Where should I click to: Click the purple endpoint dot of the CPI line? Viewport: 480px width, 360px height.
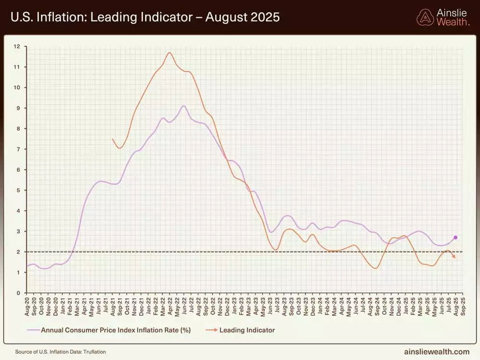[455, 238]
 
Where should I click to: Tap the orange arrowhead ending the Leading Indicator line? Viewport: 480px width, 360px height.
[454, 258]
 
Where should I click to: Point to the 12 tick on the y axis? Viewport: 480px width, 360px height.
[17, 47]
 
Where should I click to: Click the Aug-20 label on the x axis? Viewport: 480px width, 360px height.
[27, 306]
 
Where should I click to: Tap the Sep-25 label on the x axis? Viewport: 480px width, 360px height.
[463, 306]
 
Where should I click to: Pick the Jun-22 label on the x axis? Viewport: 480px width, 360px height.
[184, 306]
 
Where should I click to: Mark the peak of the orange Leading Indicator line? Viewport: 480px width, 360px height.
[169, 52]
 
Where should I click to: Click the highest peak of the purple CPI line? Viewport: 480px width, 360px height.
[183, 106]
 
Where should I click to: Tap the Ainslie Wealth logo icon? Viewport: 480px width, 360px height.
[425, 17]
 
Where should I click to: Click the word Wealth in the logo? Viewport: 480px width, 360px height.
[453, 22]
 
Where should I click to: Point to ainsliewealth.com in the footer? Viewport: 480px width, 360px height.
[437, 351]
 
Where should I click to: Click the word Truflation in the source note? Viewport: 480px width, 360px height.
[94, 352]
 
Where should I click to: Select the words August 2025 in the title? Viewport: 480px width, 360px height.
[242, 18]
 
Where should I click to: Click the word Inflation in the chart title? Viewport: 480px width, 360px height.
[56, 18]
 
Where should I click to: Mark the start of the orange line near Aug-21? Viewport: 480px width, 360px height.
[112, 139]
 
